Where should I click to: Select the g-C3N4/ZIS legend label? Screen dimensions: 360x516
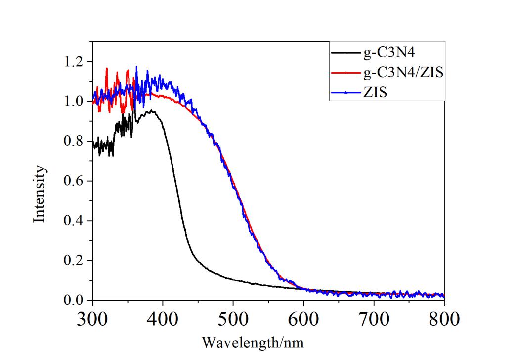point(403,73)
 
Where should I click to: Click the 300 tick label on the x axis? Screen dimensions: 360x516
point(92,319)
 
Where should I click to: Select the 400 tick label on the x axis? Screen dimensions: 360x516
point(163,319)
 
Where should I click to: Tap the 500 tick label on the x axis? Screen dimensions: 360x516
point(233,319)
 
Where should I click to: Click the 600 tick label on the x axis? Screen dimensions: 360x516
point(303,319)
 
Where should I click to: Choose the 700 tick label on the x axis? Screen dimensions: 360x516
point(374,319)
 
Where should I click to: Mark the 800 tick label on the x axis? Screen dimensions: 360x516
point(444,319)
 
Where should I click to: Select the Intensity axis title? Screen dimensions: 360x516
point(41,194)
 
